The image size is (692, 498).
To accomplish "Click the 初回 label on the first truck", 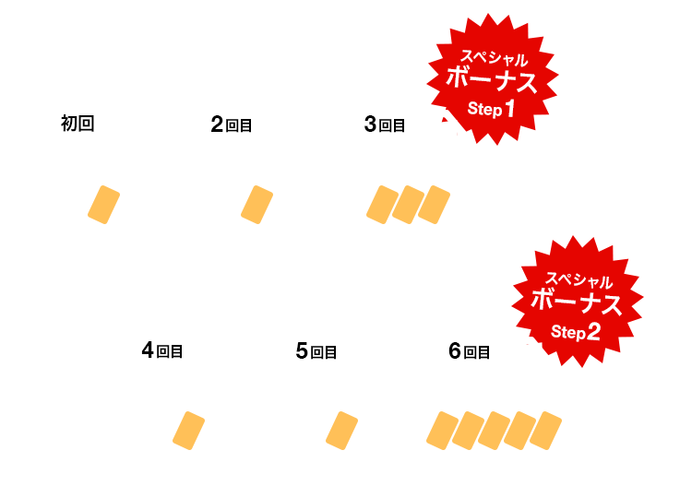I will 78,124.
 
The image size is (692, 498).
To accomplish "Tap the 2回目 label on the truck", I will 232,125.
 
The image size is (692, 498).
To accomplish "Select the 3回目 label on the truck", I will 385,125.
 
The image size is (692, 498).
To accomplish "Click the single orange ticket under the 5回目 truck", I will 341,431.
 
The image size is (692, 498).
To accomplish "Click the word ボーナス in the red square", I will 492,80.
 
